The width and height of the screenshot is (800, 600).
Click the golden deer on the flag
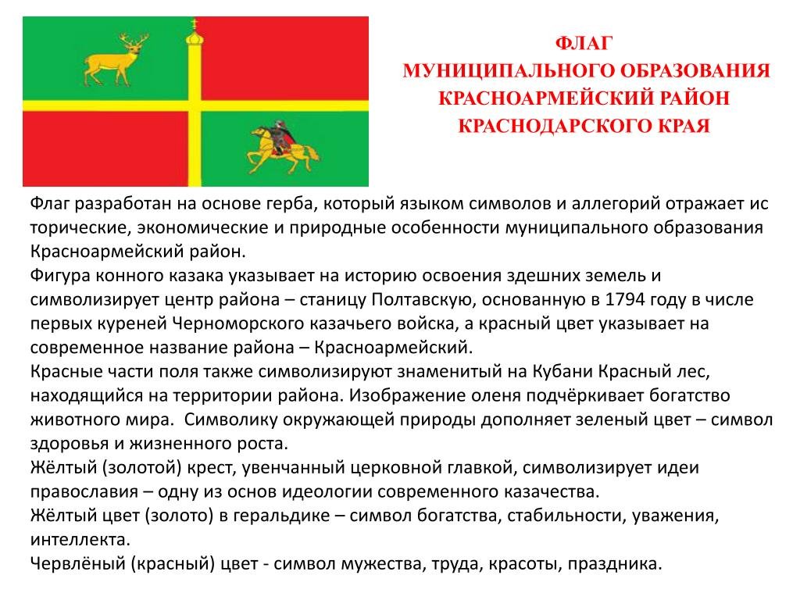click(113, 61)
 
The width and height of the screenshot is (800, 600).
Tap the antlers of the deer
click(134, 40)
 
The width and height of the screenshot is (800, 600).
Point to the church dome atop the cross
click(195, 37)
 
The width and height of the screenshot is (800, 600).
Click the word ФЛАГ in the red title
click(584, 43)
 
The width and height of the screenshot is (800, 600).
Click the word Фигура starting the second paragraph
click(60, 276)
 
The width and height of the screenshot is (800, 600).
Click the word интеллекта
click(79, 540)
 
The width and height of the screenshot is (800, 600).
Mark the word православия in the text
click(84, 492)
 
